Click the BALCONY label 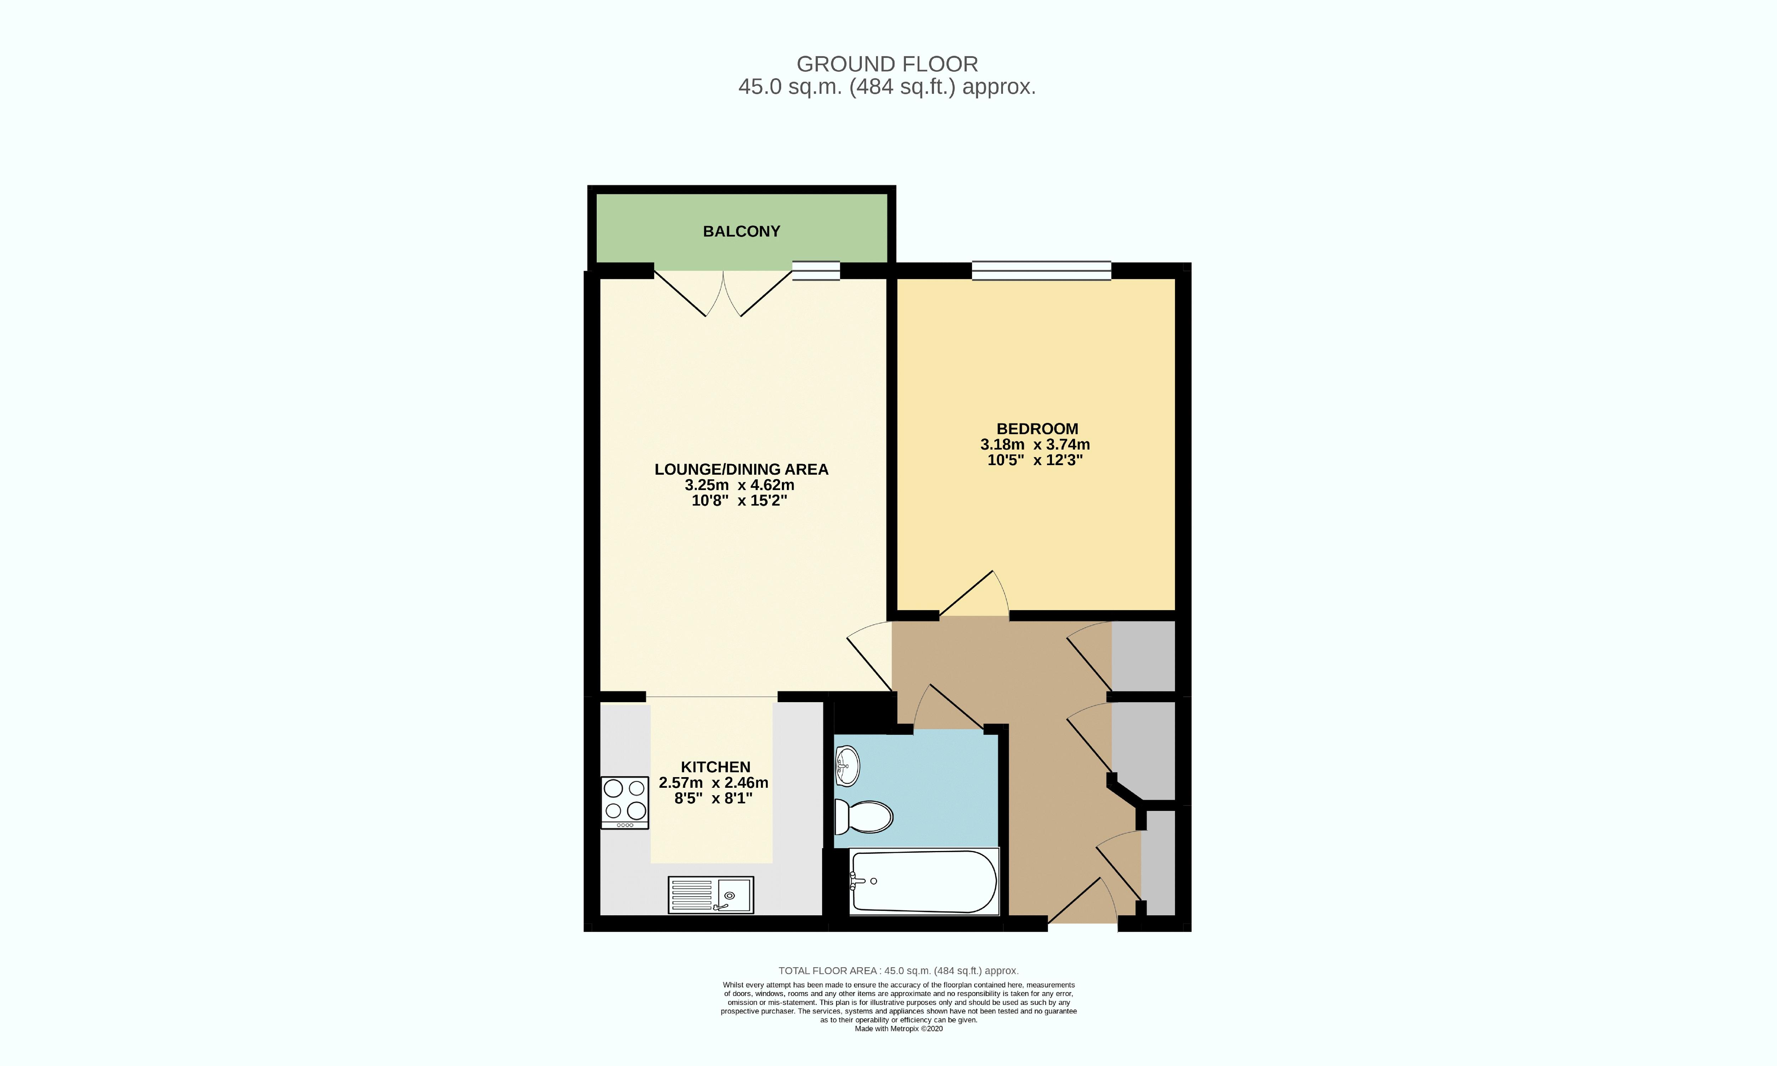pos(741,231)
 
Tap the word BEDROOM pos(1036,429)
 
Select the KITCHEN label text pos(715,767)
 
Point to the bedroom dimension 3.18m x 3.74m pos(1035,445)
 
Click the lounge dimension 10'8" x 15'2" pos(739,501)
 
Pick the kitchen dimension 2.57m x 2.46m pos(713,783)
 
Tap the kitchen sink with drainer pos(710,895)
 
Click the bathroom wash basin pos(848,766)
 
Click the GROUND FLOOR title pos(887,64)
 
